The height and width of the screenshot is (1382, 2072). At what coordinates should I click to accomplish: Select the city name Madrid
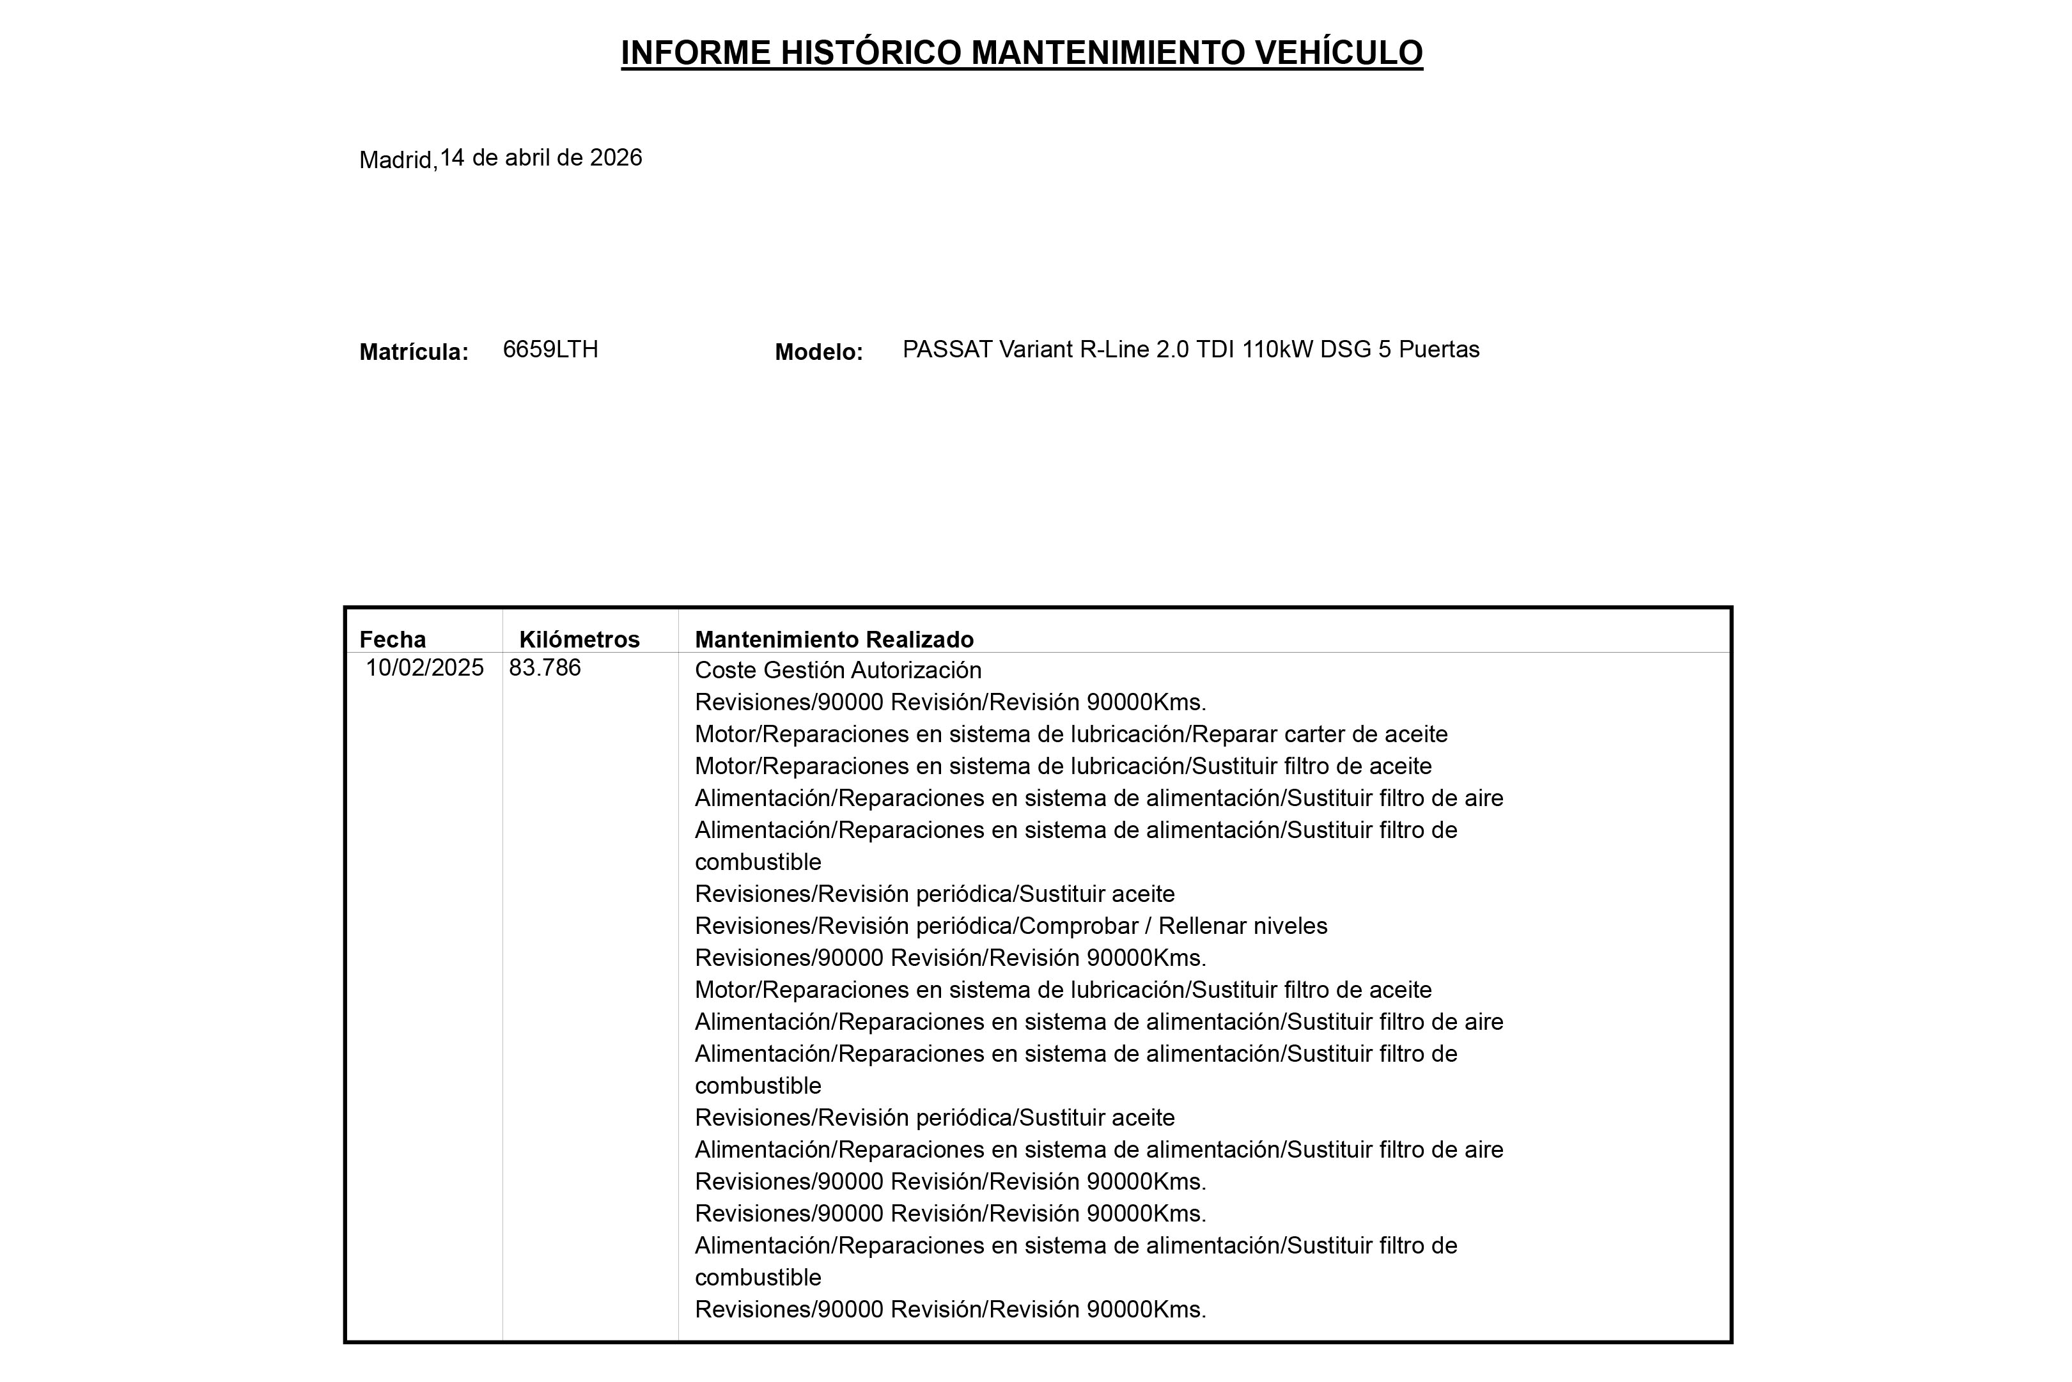(x=396, y=160)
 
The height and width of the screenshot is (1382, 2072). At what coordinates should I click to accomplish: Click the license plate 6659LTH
(x=550, y=350)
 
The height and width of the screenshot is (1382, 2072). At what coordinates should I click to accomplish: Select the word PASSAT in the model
(x=947, y=350)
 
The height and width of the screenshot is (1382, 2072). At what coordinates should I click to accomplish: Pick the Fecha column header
(x=392, y=639)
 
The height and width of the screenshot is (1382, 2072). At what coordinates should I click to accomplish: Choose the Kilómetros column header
(x=579, y=639)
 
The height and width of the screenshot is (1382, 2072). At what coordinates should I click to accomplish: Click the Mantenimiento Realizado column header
(x=834, y=639)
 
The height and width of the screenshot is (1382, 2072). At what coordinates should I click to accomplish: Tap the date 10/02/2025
(x=425, y=668)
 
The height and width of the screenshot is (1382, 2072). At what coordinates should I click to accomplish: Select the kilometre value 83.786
(x=545, y=668)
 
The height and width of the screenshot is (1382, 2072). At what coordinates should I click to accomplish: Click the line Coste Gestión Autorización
(x=837, y=671)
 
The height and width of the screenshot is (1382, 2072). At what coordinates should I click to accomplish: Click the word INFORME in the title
(x=696, y=53)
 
